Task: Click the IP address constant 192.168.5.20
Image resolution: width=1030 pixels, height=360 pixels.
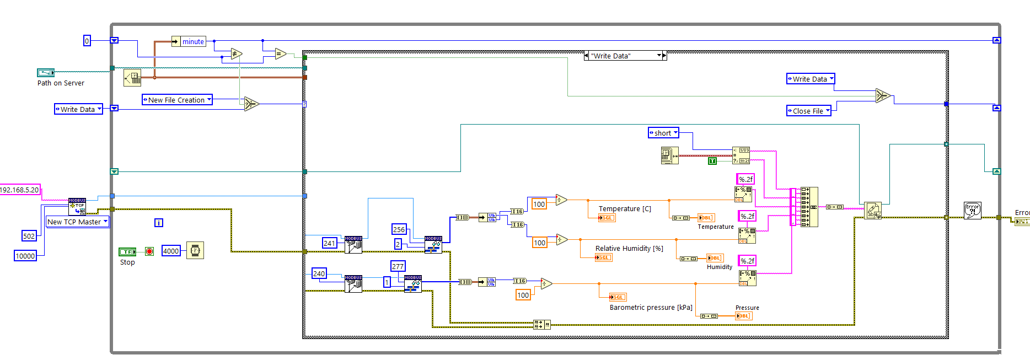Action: (x=20, y=190)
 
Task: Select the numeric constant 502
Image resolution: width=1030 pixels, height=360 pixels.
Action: (x=29, y=236)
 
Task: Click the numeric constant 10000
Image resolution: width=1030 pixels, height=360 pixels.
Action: (x=25, y=256)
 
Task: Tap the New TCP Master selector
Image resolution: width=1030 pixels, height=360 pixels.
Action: (x=77, y=222)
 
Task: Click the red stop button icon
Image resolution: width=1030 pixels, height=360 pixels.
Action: (x=149, y=251)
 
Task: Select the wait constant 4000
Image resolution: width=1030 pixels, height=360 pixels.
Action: (x=171, y=251)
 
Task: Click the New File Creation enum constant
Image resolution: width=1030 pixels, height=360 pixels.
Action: (x=177, y=100)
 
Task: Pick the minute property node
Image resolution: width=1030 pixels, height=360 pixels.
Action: (x=192, y=41)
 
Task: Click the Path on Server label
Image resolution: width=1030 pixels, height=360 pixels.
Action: (x=61, y=83)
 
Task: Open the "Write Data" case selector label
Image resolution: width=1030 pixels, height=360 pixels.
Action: (x=625, y=56)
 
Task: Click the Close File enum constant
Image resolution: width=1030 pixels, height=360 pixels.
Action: (x=808, y=111)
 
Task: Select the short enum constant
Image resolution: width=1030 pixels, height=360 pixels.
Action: (x=663, y=133)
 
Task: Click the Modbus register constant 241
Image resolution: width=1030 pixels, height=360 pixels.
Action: (x=329, y=243)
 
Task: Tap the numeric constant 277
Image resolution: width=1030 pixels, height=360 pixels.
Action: (x=398, y=266)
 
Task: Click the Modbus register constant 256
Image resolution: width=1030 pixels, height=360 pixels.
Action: (x=399, y=229)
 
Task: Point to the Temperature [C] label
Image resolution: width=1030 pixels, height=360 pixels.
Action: (x=625, y=209)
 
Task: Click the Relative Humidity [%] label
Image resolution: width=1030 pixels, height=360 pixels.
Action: (x=629, y=249)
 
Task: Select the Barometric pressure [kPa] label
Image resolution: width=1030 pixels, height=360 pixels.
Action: (x=651, y=308)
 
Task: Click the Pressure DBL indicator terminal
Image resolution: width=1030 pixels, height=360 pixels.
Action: (x=743, y=316)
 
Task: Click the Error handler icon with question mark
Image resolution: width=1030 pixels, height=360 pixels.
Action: (x=972, y=210)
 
